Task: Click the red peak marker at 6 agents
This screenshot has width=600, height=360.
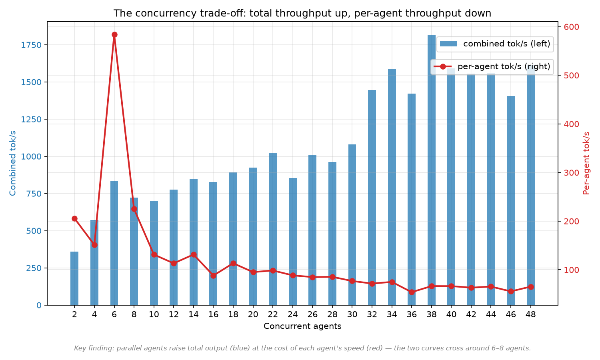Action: coord(114,35)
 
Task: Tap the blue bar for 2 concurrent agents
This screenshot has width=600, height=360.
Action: coord(74,278)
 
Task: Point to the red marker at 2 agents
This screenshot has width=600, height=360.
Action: coord(75,219)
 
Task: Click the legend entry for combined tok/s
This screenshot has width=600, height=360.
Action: coord(495,44)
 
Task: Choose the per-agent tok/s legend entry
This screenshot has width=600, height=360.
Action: coord(492,66)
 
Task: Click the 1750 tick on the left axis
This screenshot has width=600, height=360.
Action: coord(31,45)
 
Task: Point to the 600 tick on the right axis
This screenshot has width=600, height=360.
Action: coord(571,27)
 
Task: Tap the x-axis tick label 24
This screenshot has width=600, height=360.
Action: coord(293,314)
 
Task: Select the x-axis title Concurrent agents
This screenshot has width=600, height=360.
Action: coord(302,326)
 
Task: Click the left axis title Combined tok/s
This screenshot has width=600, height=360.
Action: coord(12,163)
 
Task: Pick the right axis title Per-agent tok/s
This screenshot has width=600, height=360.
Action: coord(587,163)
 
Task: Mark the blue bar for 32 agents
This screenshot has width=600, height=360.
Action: coord(372,198)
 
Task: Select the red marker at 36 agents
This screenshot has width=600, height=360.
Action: coord(412,292)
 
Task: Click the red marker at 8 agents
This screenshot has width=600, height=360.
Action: coord(134,209)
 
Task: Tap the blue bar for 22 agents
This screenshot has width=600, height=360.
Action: coord(273,229)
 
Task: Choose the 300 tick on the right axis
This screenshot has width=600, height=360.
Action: coord(571,173)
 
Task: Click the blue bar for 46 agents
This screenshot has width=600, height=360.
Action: coord(511,201)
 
